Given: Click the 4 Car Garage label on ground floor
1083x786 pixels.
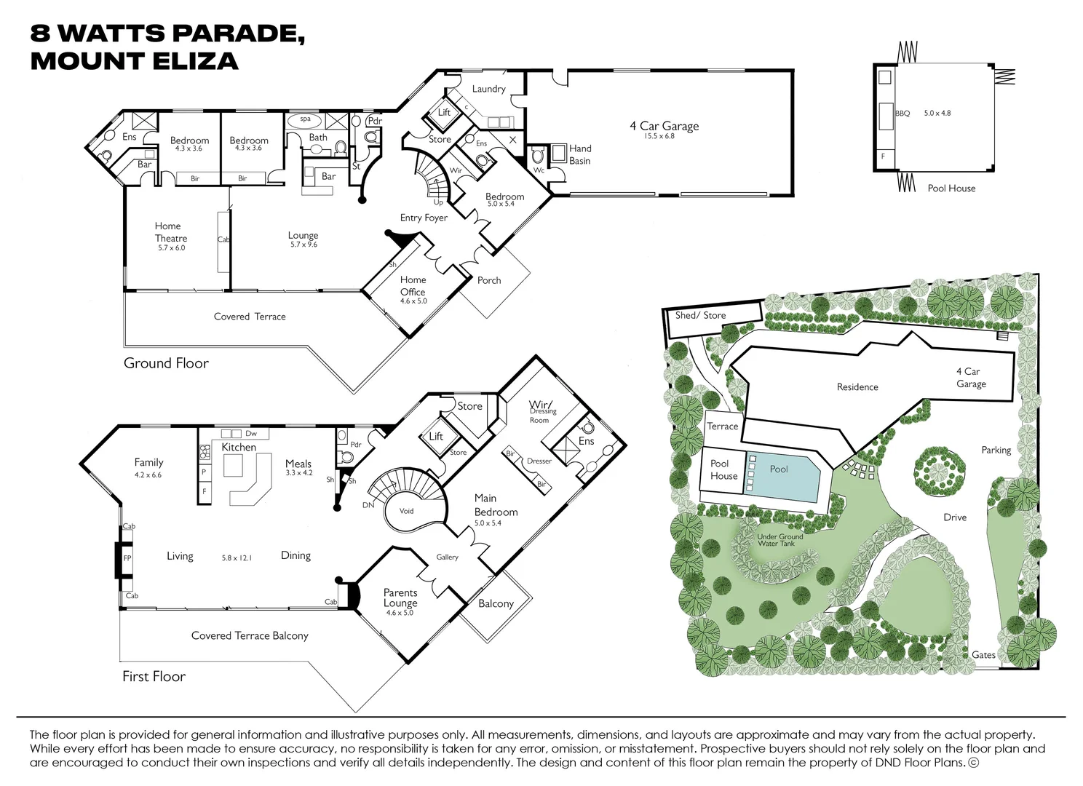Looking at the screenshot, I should (664, 127).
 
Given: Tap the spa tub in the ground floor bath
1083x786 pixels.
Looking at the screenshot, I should (305, 119).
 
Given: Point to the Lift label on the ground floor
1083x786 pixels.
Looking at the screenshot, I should (444, 113).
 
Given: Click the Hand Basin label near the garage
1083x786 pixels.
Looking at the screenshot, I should (580, 154).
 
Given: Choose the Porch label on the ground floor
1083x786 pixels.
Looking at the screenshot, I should (489, 280).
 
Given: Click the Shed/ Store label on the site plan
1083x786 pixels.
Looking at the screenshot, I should (700, 315).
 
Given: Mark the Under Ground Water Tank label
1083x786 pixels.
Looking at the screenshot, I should (779, 540).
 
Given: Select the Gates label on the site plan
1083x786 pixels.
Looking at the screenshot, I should (983, 655).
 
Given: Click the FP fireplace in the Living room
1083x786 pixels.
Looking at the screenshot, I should (127, 558).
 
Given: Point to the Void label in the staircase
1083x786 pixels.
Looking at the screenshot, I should (407, 511).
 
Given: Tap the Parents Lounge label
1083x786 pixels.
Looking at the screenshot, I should (400, 598).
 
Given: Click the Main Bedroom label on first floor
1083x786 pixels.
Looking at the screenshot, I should (496, 505).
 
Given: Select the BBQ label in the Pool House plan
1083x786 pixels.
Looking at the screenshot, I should (902, 114).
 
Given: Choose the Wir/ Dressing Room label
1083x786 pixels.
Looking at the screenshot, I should (541, 410).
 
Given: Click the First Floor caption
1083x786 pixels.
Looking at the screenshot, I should (154, 677).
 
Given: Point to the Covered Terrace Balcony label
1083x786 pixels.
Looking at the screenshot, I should (250, 636).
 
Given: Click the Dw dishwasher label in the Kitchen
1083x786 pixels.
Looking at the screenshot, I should (251, 434).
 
